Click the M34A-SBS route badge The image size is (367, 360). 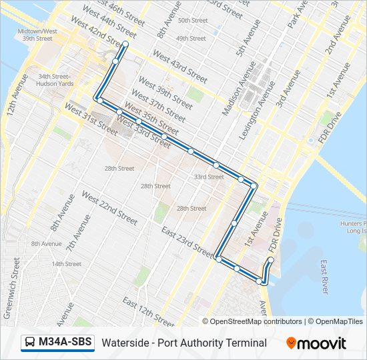57,343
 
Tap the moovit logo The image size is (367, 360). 316,343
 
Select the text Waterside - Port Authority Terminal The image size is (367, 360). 184,343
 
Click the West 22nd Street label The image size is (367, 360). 109,207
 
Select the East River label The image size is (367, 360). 324,277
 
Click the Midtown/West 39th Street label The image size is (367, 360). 37,35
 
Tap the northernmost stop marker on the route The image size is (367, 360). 125,44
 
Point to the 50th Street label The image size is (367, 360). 192,21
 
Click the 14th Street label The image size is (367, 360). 67,264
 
